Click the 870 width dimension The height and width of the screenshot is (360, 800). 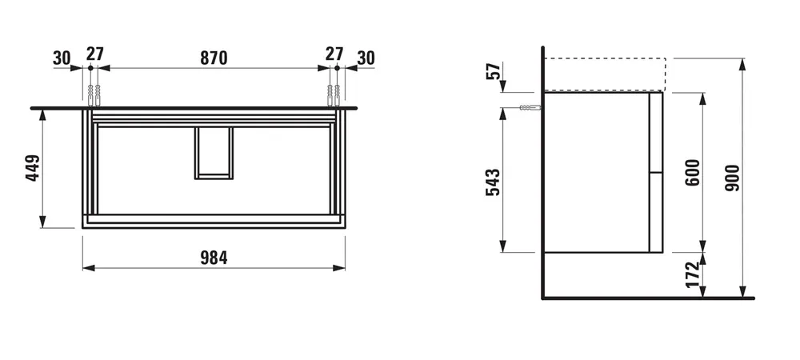(214, 58)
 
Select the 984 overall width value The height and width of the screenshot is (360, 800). (214, 258)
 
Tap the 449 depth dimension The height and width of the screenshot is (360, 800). (32, 168)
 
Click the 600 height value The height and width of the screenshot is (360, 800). (693, 172)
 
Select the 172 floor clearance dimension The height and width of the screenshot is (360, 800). (693, 274)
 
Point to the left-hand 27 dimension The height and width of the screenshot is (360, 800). (95, 55)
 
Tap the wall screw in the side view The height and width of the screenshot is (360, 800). (528, 108)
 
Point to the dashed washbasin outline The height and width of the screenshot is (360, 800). (604, 74)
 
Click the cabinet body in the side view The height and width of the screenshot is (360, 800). (596, 172)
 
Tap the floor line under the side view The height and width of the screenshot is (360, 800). (648, 298)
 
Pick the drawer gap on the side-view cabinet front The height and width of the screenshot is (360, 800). (657, 171)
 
